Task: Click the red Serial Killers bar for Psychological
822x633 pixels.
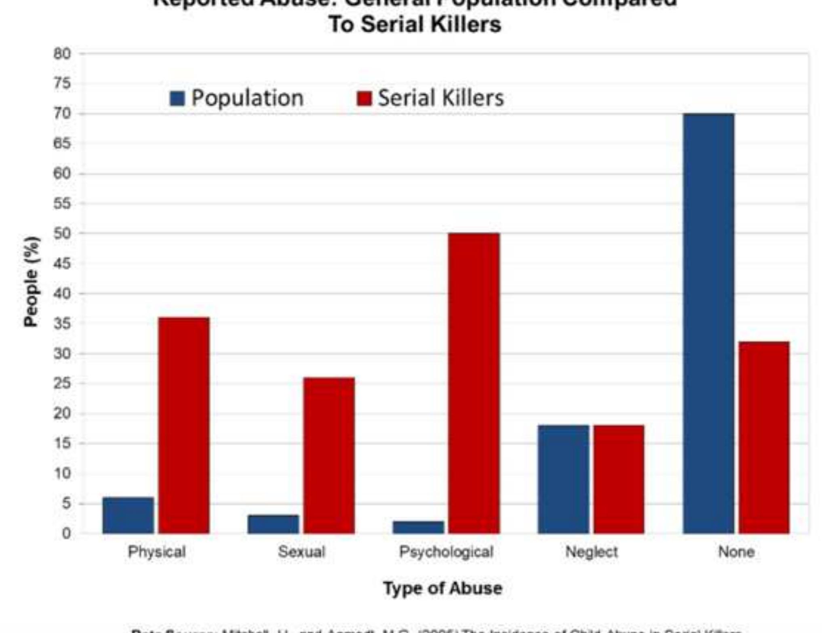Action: point(474,384)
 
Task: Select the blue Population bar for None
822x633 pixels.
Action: point(708,323)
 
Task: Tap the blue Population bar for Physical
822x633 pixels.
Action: point(128,516)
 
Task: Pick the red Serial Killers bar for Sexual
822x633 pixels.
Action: point(329,455)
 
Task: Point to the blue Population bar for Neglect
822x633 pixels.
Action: point(563,479)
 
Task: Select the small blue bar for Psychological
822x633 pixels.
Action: point(418,527)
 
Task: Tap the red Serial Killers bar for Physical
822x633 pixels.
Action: point(184,425)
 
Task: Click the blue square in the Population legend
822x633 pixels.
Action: point(177,99)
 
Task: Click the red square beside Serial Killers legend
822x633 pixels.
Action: point(364,99)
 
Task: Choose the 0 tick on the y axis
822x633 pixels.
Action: point(66,534)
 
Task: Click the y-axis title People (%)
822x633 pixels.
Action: point(32,281)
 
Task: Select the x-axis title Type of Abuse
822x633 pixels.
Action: point(443,588)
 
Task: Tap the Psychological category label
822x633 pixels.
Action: point(446,552)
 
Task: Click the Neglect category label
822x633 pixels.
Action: point(591,552)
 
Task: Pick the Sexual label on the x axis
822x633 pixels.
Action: point(301,552)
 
